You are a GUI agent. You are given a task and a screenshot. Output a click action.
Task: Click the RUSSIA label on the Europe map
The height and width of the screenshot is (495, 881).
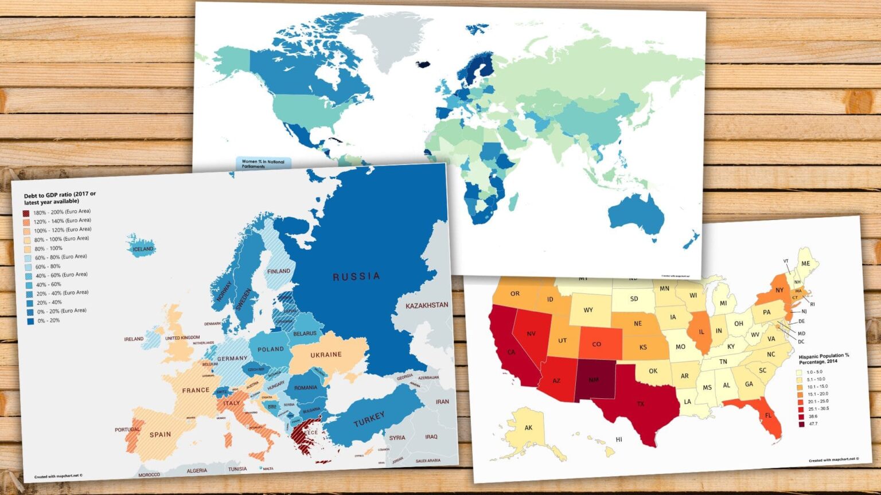pos(356,277)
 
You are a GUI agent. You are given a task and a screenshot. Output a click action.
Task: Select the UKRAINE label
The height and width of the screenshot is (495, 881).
pos(326,355)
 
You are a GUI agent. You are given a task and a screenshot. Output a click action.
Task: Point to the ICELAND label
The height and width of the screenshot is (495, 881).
pos(143,249)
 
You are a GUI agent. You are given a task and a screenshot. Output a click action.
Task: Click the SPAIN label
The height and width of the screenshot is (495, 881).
pos(160,434)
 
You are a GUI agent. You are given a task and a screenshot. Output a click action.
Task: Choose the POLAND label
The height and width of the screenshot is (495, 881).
pos(270,349)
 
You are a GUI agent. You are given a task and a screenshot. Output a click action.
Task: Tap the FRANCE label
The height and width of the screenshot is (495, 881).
pos(196,391)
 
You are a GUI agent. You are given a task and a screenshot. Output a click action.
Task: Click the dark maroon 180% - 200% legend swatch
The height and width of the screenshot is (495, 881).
pos(26,213)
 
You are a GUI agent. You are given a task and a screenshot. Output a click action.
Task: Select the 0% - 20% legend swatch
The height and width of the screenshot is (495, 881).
pos(30,321)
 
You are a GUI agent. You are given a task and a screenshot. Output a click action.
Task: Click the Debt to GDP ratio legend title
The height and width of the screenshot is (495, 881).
pos(60,198)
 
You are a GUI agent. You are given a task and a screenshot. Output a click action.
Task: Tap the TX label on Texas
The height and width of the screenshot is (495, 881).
pos(640,404)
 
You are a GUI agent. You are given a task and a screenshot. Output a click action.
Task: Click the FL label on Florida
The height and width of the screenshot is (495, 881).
pos(768,414)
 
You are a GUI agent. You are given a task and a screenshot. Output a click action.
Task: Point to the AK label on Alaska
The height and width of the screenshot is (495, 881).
pos(528,428)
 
